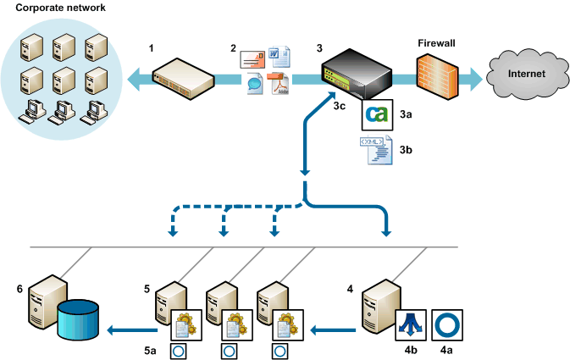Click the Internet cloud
523,73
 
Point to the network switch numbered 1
182,76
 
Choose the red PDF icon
279,85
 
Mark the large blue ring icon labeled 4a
445,323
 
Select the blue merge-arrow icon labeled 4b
411,324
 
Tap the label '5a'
150,349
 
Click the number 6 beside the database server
19,289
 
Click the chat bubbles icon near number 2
254,84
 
